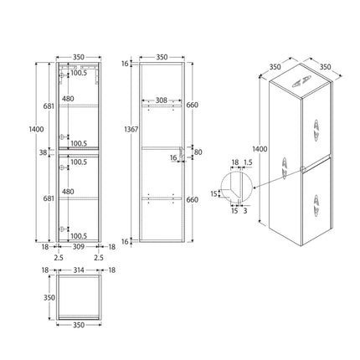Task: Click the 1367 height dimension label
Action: coord(131,130)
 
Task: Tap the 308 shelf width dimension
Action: coord(162,100)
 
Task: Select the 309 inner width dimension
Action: coord(79,247)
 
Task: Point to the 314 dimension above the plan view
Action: coord(79,270)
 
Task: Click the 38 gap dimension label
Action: coord(43,152)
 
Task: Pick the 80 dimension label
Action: coord(198,152)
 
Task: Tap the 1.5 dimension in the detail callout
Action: coord(248,162)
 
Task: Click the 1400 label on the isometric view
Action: coord(260,149)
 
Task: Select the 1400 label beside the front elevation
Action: coord(37,129)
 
